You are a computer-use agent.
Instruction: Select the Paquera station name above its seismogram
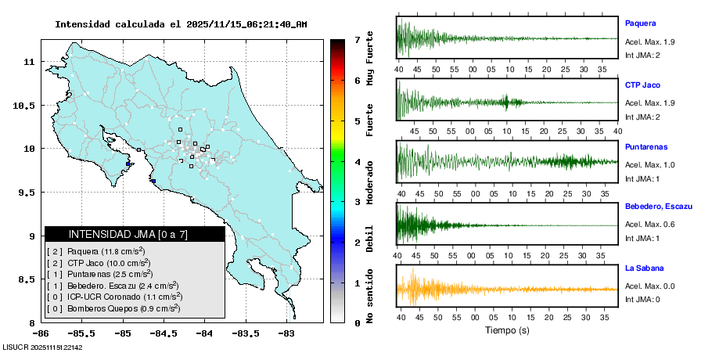click(x=640, y=23)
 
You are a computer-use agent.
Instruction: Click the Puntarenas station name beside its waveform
click(x=646, y=146)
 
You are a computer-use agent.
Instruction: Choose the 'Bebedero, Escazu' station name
click(x=659, y=206)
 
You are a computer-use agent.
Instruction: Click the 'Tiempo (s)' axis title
click(x=508, y=330)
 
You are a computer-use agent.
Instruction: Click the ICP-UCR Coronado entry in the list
click(x=115, y=297)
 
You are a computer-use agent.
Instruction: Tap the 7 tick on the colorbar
click(x=357, y=39)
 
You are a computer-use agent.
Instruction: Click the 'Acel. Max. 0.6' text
click(x=649, y=225)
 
